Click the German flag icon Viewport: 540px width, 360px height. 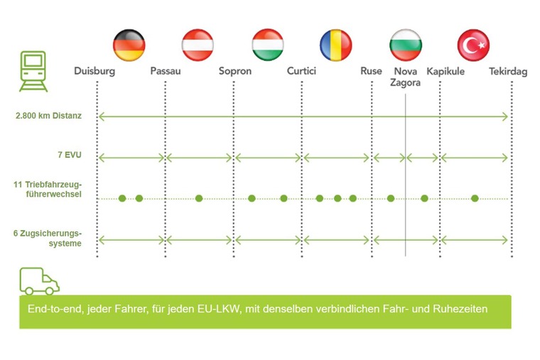click(x=129, y=45)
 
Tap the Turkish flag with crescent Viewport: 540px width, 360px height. click(x=473, y=45)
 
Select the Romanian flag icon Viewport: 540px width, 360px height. click(x=336, y=45)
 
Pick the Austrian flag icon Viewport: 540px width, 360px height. click(x=198, y=45)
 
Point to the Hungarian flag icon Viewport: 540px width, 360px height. click(x=268, y=45)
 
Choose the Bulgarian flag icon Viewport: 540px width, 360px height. click(x=406, y=45)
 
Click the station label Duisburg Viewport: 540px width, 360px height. click(x=94, y=71)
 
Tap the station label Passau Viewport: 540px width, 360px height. click(x=166, y=71)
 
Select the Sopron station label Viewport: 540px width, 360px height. click(x=235, y=71)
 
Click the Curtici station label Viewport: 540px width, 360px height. click(x=301, y=71)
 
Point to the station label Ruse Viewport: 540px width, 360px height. click(x=371, y=71)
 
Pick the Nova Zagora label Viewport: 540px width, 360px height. click(x=405, y=77)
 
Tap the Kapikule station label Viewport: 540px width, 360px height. click(x=445, y=72)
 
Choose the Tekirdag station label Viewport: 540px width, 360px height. click(x=508, y=72)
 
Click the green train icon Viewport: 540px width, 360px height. click(x=33, y=71)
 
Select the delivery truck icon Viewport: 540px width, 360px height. click(x=39, y=281)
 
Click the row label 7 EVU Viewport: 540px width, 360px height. click(x=70, y=155)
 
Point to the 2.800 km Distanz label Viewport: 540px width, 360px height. click(x=48, y=116)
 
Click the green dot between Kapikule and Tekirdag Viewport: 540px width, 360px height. click(x=475, y=198)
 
